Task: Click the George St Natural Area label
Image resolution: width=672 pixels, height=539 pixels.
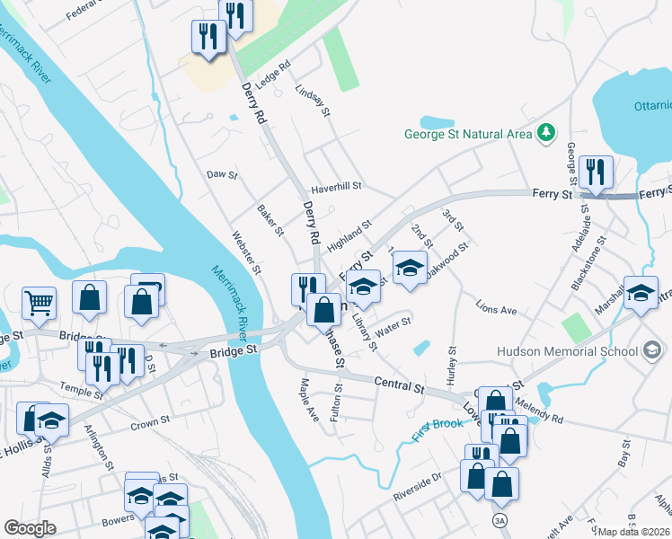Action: pos(467,136)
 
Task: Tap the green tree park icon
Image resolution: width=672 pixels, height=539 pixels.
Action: pos(544,135)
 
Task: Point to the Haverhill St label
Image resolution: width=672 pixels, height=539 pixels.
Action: pos(335,187)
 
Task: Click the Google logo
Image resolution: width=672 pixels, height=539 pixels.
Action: pos(30,528)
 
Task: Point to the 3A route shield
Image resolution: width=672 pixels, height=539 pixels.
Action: pos(499,520)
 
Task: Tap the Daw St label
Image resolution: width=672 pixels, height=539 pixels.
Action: pos(221,174)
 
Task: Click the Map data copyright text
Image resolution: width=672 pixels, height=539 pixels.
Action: pos(634,532)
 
